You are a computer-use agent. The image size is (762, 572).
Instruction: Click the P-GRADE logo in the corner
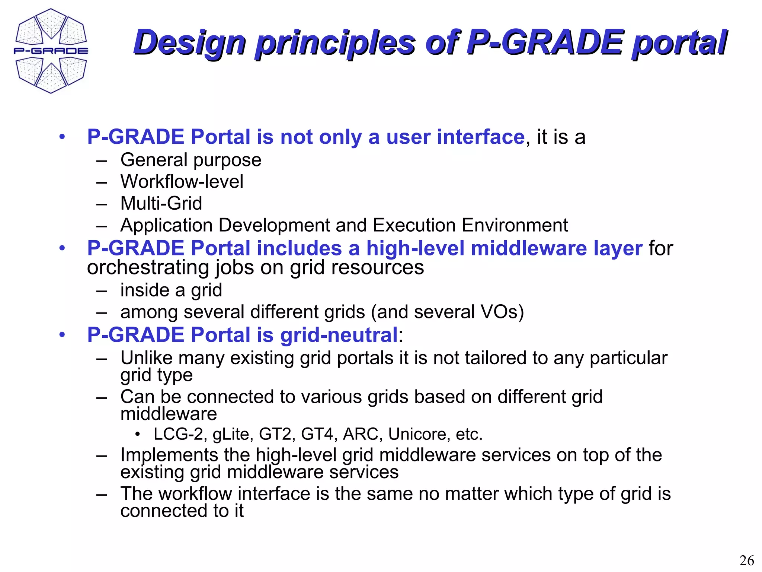coord(51,51)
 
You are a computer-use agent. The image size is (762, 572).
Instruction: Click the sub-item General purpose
coord(190,160)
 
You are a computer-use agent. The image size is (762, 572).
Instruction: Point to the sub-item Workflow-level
coord(182,182)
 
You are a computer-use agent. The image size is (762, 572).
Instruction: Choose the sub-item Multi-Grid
coord(161,203)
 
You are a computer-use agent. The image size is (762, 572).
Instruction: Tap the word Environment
coord(515,225)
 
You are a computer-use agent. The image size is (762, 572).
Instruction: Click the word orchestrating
coord(149,267)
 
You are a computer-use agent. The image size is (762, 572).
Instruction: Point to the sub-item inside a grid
coord(171,290)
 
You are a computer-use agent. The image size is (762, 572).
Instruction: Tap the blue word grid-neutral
coord(339,335)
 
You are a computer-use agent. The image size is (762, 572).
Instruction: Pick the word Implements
coord(169,455)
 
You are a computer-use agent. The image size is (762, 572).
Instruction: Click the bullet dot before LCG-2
coord(137,434)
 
